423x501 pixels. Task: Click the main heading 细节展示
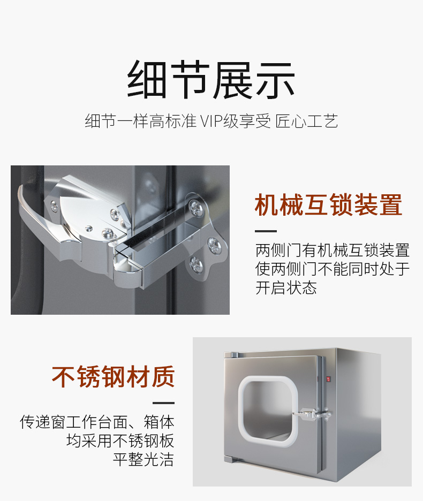coord(211,80)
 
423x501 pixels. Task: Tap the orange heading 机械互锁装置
coord(328,205)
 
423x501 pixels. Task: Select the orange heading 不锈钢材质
coord(113,377)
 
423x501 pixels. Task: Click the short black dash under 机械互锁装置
coord(266,231)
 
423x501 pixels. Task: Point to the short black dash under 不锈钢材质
coord(163,403)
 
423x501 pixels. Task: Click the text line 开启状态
coord(286,287)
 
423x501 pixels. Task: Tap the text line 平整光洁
coord(143,459)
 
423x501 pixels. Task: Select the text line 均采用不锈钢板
coord(120,441)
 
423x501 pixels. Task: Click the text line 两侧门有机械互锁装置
coord(333,250)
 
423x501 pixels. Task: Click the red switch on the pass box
coord(328,379)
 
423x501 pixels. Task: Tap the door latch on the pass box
coord(312,414)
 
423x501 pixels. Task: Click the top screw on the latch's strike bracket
coord(195,207)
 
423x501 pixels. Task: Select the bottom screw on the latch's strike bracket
coord(196,265)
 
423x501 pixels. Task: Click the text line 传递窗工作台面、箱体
coord(97,422)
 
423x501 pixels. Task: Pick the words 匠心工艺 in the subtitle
coord(306,121)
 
